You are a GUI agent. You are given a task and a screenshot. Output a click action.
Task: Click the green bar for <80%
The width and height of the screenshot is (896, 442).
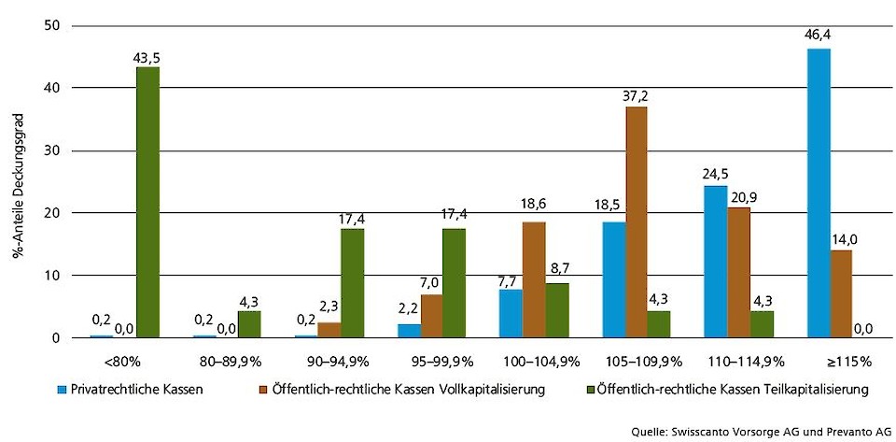point(147,202)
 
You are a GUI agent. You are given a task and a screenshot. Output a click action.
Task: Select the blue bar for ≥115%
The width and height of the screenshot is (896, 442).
point(819,192)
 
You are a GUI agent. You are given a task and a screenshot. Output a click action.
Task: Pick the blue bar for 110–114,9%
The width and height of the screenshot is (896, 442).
point(715,261)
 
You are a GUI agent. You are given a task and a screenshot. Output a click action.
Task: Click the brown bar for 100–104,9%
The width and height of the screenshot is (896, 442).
point(534,279)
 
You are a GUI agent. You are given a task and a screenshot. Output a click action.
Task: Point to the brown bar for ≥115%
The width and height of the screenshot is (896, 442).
point(842,293)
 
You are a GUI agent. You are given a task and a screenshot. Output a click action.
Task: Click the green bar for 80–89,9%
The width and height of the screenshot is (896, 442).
point(249,324)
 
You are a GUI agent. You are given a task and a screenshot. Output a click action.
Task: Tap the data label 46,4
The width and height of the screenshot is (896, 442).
point(819,36)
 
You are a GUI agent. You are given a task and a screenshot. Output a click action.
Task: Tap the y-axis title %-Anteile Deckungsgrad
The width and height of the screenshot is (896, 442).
point(20,181)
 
